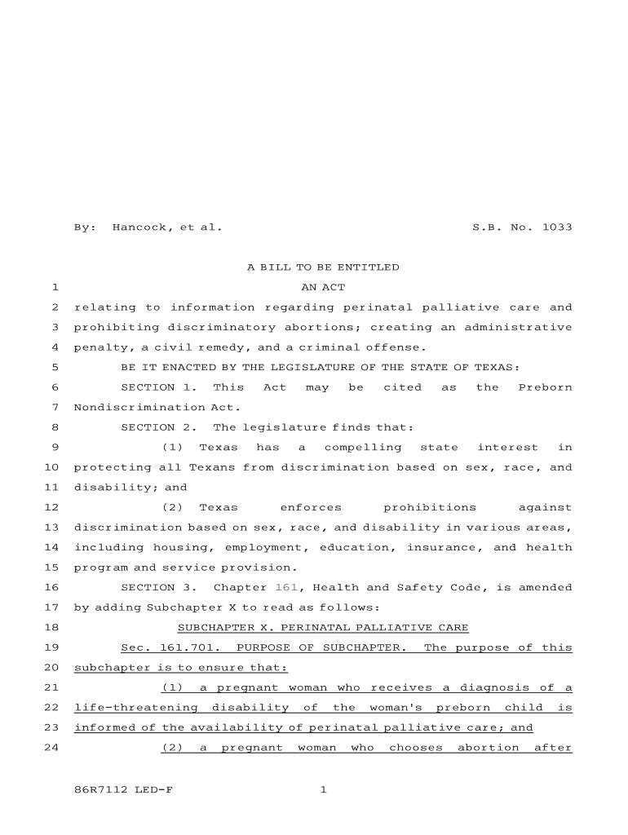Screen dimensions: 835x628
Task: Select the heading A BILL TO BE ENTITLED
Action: point(323,267)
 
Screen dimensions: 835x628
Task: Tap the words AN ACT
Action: point(323,288)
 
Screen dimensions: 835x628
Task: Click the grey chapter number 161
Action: point(285,587)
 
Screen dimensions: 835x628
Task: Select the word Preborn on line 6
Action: point(545,387)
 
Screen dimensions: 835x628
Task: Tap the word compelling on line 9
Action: point(363,447)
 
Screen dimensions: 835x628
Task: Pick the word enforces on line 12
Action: point(311,507)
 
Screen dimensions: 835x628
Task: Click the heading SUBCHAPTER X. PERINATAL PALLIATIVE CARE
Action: point(323,627)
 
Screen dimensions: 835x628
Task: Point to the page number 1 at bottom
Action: point(323,789)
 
